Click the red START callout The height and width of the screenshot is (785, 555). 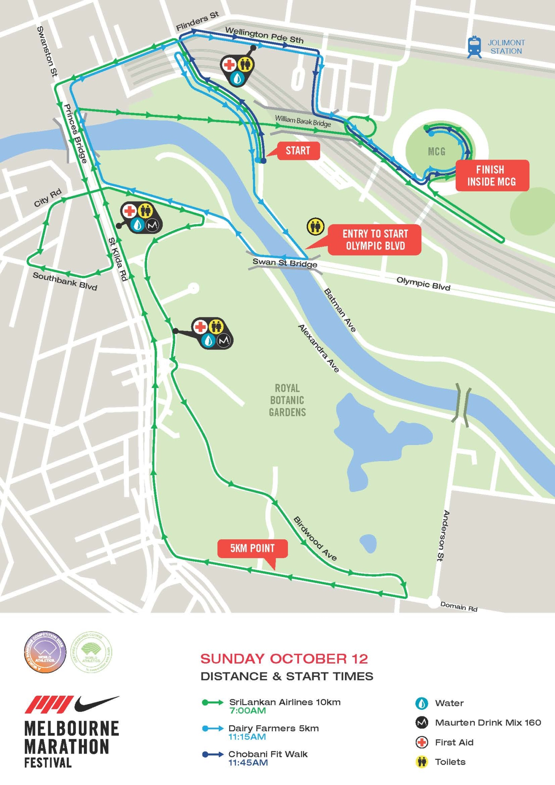[298, 151]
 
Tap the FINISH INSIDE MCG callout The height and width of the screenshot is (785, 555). [492, 176]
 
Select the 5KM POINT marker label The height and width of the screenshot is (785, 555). [252, 549]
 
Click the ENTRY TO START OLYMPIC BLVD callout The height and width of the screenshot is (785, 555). [374, 240]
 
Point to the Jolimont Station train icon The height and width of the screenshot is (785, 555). [474, 47]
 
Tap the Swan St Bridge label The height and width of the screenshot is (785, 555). [284, 263]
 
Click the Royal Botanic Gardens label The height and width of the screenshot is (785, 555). [287, 400]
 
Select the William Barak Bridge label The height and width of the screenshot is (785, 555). [302, 121]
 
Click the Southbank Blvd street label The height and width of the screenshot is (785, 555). [65, 281]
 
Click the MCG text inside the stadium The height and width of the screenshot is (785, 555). [437, 152]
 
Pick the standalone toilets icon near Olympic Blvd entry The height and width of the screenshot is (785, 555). [315, 227]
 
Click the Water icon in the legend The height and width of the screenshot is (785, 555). [422, 703]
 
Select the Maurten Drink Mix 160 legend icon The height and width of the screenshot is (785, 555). [422, 723]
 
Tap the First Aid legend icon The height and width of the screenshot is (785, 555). [422, 742]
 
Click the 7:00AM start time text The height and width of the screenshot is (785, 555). [247, 711]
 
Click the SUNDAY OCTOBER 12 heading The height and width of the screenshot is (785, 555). [284, 659]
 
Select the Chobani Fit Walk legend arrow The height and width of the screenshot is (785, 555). [213, 754]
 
